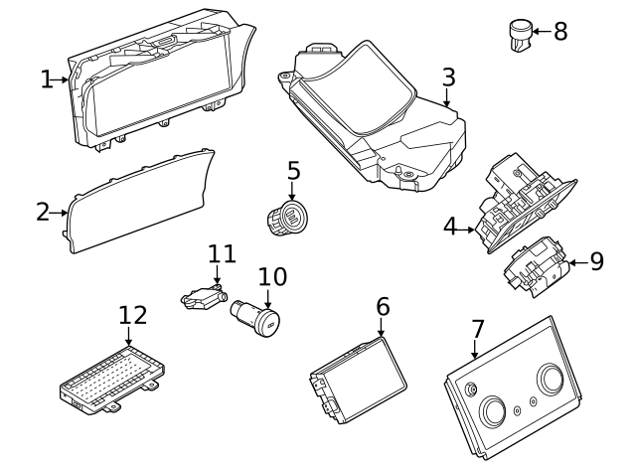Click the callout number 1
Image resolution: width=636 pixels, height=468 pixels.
click(47, 78)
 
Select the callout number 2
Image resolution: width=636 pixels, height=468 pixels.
click(43, 211)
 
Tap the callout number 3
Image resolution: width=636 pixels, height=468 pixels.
click(448, 77)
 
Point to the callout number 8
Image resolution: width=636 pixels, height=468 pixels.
click(560, 31)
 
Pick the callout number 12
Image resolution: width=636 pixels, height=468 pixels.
click(132, 315)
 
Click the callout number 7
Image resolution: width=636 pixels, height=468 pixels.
click(478, 327)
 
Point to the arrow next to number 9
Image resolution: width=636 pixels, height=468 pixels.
click(574, 261)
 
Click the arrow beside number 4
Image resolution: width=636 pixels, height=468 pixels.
click(469, 230)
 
